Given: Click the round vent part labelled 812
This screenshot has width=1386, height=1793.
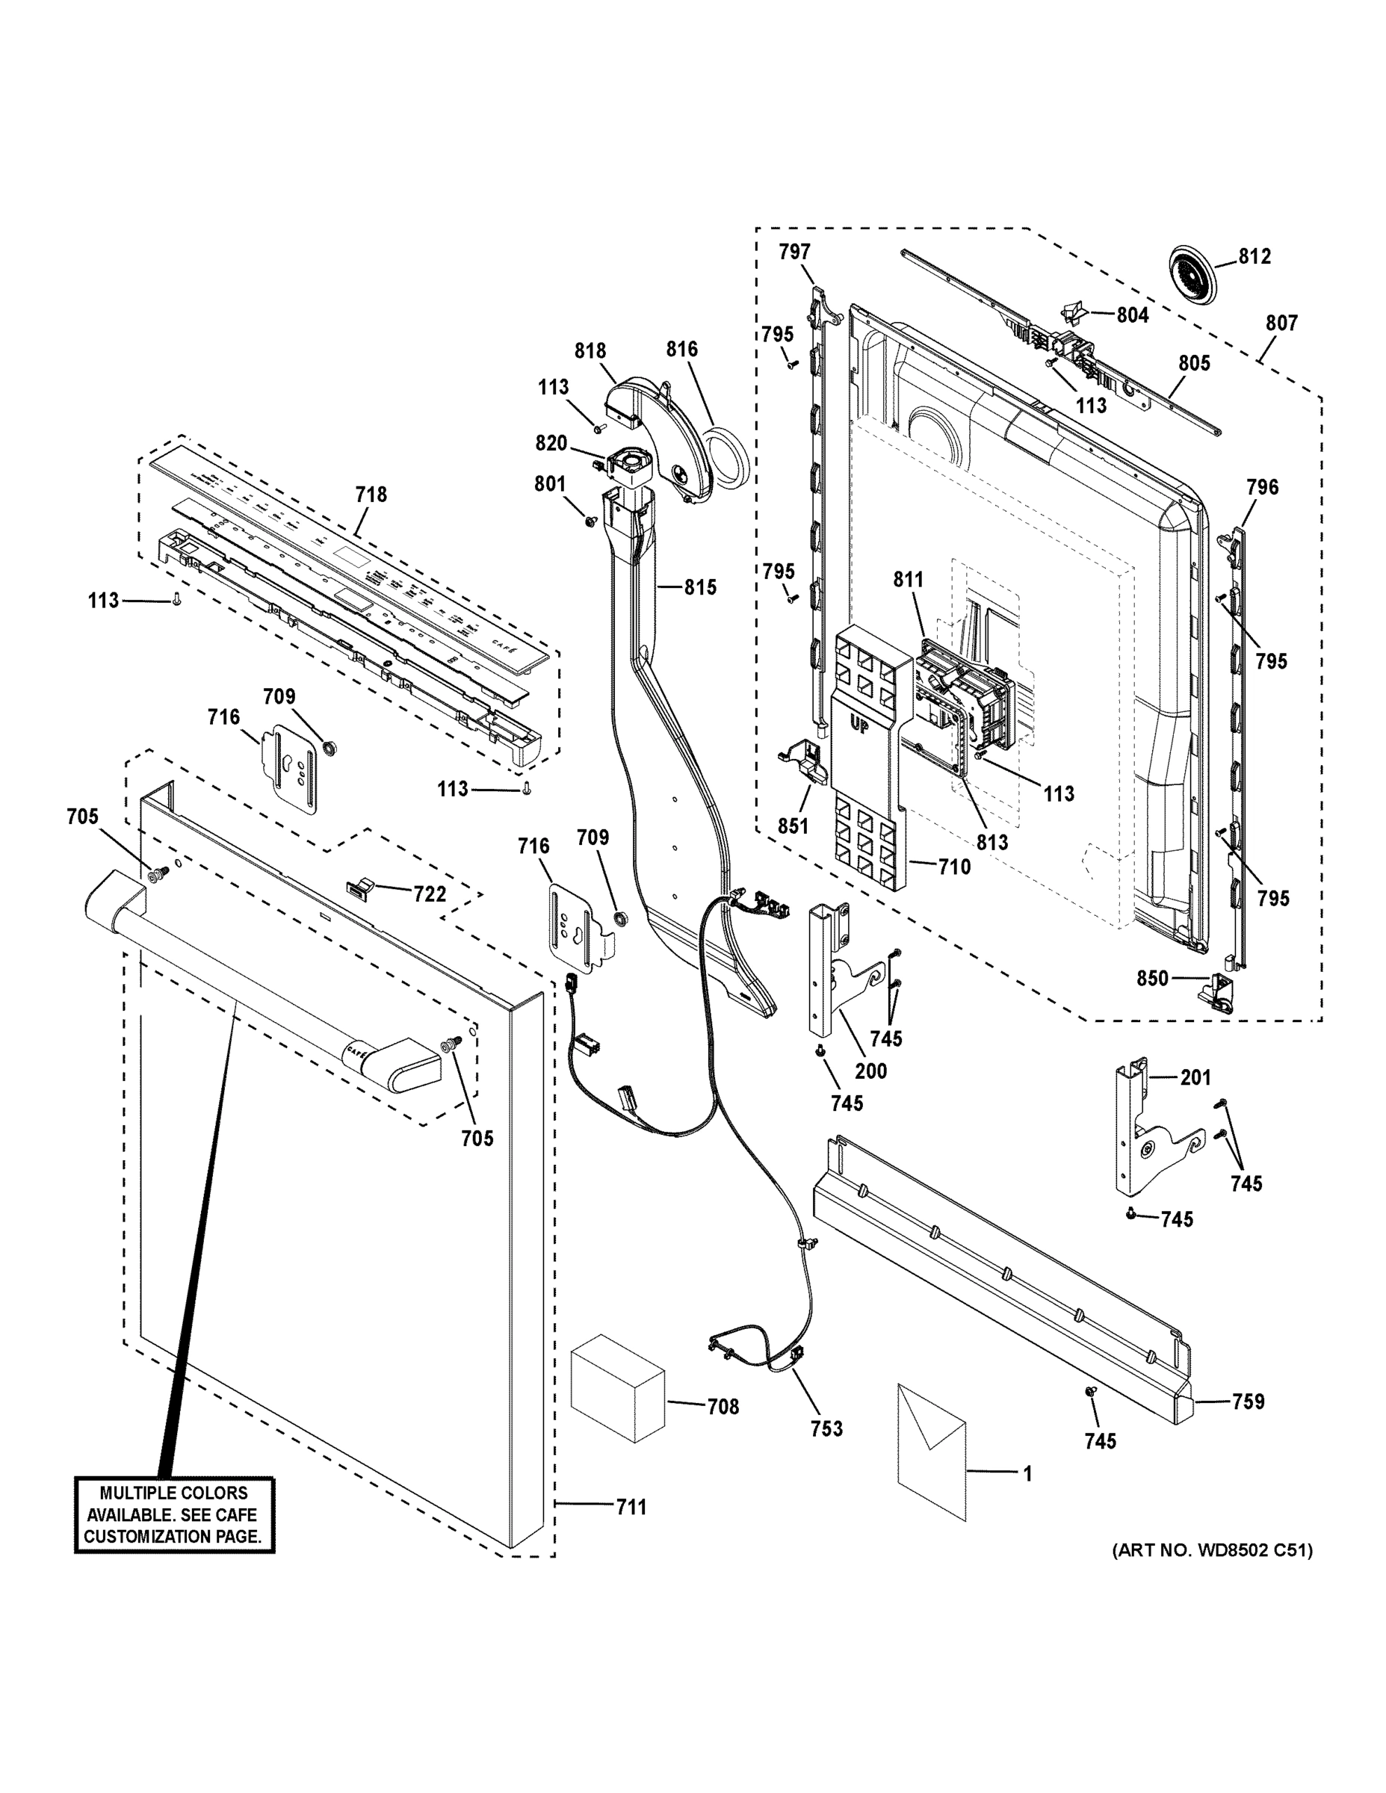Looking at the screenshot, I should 1189,274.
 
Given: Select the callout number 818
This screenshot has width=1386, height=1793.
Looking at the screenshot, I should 590,350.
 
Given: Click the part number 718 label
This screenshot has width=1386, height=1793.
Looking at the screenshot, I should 371,495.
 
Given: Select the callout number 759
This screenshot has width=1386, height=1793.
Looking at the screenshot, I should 1247,1402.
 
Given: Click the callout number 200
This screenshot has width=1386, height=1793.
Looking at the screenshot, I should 870,1071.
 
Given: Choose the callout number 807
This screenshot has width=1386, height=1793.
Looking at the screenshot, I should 1281,323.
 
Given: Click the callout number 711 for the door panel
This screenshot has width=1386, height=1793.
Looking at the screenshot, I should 631,1508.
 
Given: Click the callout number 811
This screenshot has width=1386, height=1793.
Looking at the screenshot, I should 908,580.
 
